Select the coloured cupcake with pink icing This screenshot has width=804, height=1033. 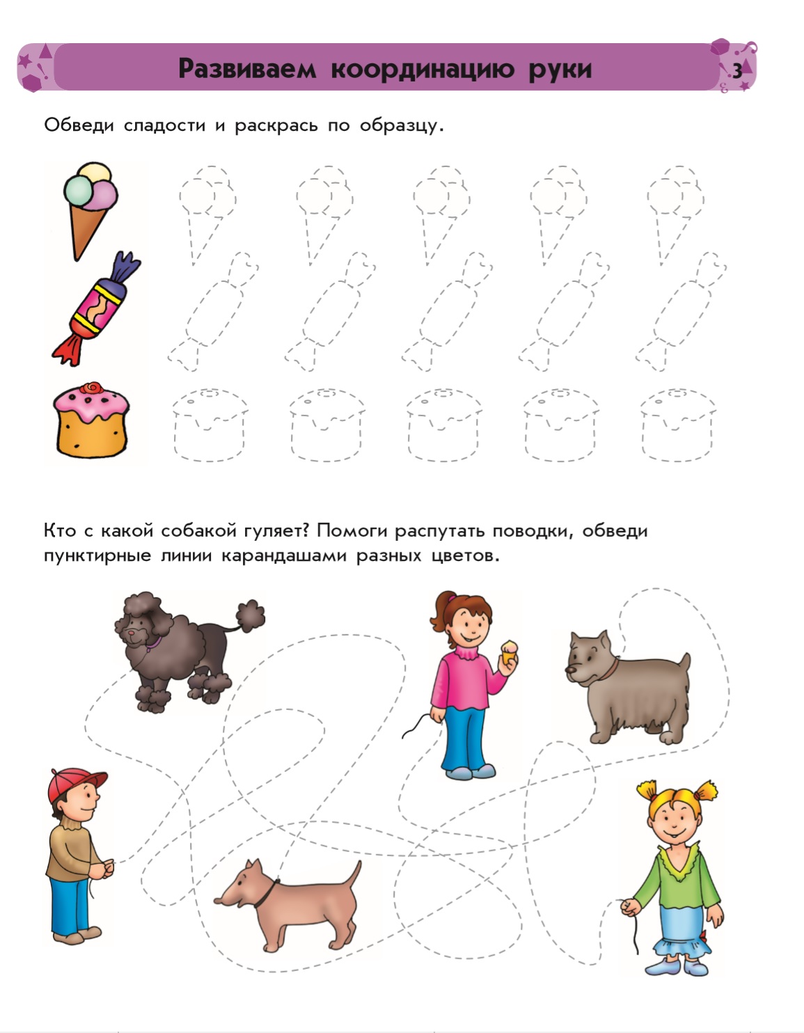click(x=91, y=421)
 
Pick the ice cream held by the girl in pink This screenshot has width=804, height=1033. click(x=511, y=650)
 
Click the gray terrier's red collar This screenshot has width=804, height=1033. click(x=610, y=670)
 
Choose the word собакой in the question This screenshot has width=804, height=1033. click(x=199, y=531)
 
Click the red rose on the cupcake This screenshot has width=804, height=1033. click(x=91, y=388)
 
